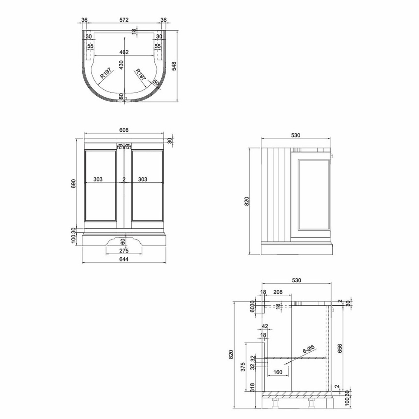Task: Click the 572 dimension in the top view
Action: coord(124,20)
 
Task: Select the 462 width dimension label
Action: coord(124,52)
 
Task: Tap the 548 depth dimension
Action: coord(174,66)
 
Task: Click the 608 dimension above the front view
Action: coord(124,130)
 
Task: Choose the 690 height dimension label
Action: coord(73,184)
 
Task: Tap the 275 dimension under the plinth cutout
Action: coord(124,251)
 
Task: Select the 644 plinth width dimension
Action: coord(124,259)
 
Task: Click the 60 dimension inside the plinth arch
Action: coord(123,242)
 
